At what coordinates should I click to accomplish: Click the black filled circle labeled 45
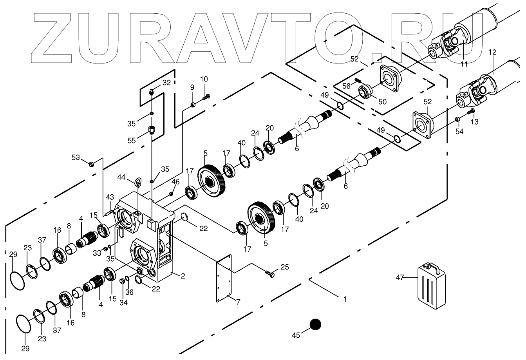point(315,325)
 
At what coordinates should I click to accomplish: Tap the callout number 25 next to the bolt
point(285,268)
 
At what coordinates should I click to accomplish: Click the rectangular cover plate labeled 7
point(224,278)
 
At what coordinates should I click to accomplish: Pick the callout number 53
point(75,157)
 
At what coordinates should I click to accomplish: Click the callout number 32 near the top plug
point(167,83)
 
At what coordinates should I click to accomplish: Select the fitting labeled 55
point(152,129)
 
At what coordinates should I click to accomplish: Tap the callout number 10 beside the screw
point(204,79)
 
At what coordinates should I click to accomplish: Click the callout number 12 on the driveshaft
point(492,52)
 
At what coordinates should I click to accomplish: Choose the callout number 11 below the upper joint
point(464,64)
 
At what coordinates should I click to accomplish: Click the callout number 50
point(382,101)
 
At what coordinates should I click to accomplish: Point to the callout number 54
point(459,132)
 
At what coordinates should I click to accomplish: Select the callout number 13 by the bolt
point(475,122)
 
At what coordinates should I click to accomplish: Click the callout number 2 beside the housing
point(183,276)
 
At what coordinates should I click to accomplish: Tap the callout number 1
point(345,299)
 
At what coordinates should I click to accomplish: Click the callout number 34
point(123,302)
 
